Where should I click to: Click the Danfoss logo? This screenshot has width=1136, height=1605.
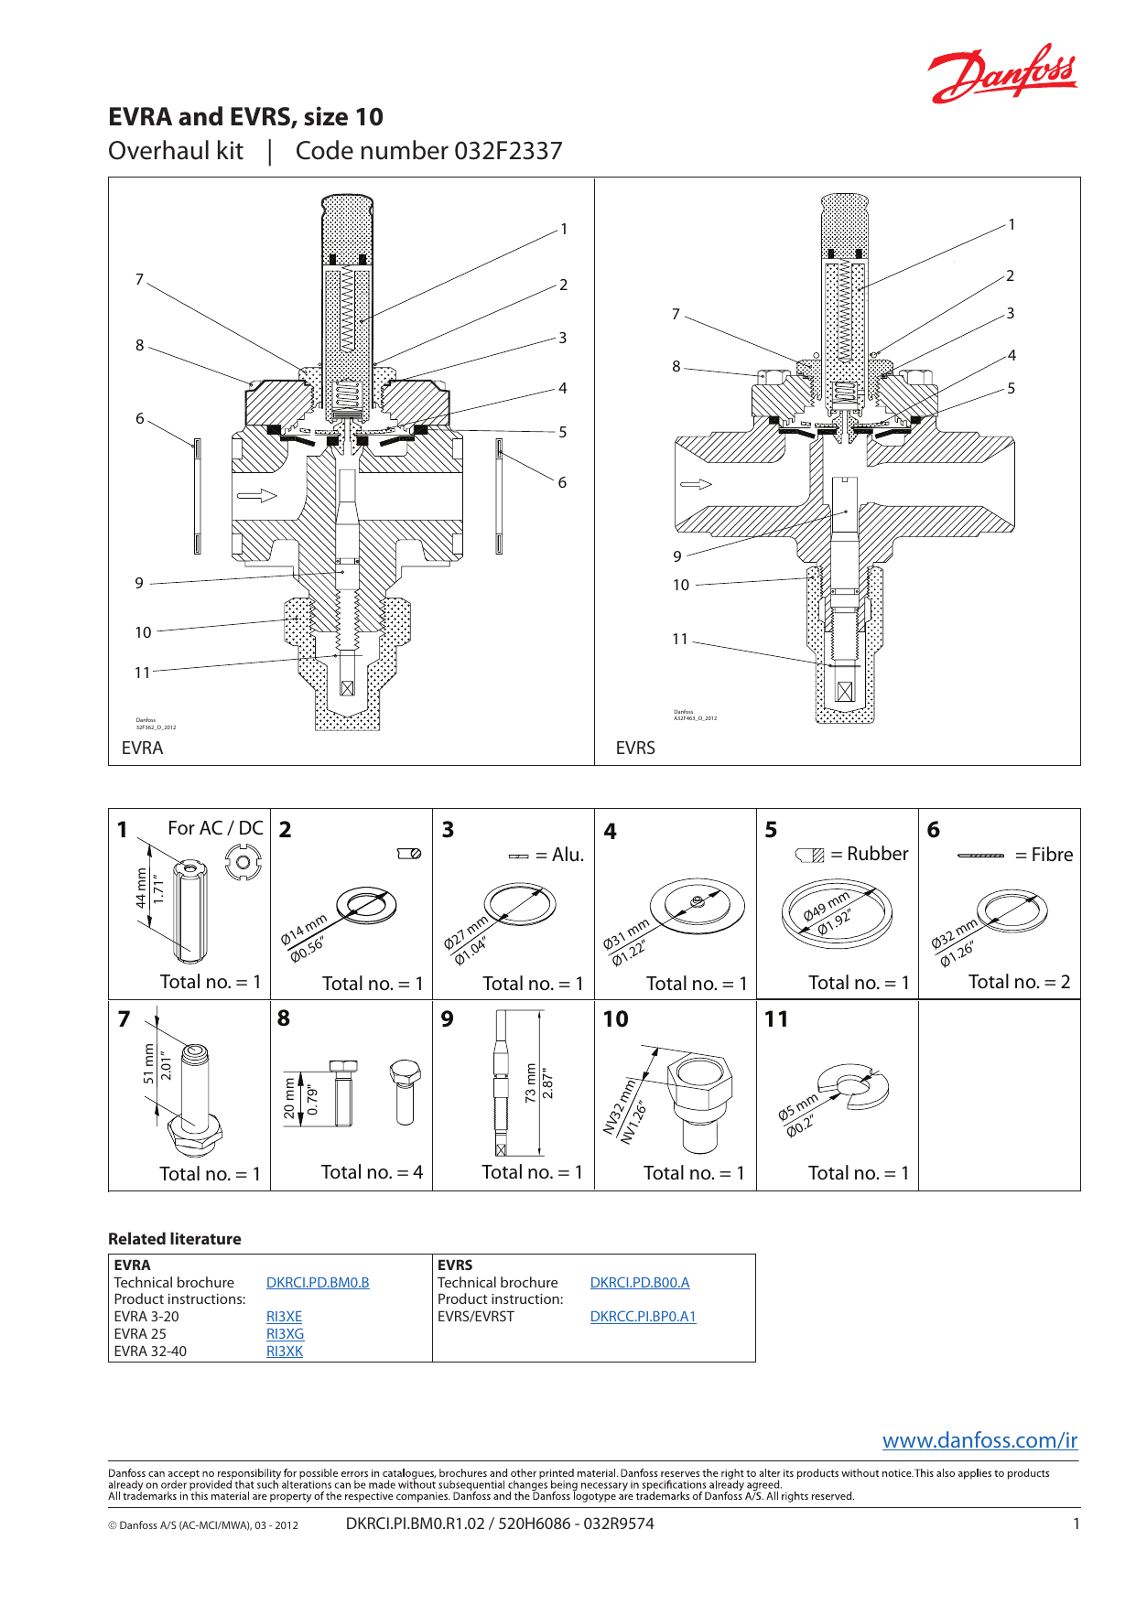coord(1003,73)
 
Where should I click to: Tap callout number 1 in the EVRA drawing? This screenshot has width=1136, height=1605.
coord(564,229)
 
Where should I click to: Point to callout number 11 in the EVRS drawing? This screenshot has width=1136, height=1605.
coord(679,639)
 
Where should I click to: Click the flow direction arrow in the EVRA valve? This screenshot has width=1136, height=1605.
coord(257,496)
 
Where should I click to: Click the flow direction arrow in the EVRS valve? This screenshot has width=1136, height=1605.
coord(696,484)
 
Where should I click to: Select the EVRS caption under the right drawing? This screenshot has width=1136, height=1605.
coord(635,748)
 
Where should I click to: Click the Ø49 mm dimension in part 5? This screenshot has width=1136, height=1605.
coord(827,905)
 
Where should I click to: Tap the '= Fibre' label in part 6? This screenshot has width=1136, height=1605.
coord(1044,855)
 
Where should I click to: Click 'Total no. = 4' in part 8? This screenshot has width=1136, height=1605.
coord(372,1172)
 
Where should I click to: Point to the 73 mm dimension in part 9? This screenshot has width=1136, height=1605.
coord(531,1083)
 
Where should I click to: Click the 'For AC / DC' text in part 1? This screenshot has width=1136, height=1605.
coord(215,828)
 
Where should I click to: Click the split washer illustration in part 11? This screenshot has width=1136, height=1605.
coord(853,1086)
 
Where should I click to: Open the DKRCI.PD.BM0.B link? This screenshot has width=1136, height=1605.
coord(318,1283)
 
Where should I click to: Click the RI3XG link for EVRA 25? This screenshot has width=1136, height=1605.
coord(285,1334)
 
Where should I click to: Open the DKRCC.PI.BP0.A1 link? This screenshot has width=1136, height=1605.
coord(643,1317)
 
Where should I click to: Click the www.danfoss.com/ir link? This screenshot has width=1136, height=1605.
coord(979,1440)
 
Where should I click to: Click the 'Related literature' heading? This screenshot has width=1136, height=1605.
coord(175,1239)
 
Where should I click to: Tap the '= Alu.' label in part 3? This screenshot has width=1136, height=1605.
coord(559,855)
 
